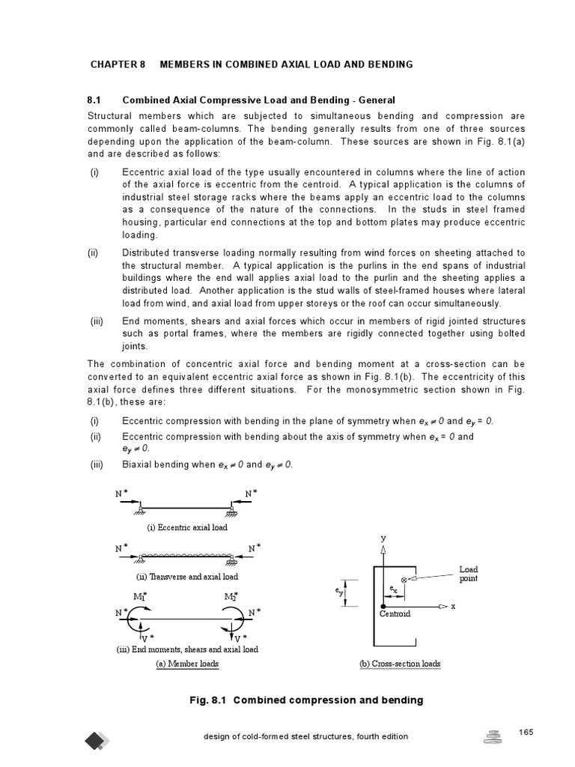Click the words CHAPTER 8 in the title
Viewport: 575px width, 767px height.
(x=118, y=64)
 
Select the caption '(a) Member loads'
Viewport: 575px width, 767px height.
(x=187, y=664)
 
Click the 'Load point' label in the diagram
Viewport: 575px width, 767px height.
(x=469, y=574)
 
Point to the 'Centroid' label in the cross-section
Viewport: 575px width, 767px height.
(x=395, y=614)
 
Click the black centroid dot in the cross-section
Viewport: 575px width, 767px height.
(x=383, y=605)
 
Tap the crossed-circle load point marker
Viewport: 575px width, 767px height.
(x=405, y=580)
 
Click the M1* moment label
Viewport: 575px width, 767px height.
(x=140, y=596)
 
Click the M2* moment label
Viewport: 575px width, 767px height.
(x=231, y=596)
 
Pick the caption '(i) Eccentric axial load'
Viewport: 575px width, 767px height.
(x=187, y=527)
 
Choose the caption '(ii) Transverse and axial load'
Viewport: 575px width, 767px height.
(x=187, y=577)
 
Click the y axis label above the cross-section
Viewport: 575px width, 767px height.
(x=383, y=538)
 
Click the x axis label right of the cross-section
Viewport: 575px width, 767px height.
(x=453, y=605)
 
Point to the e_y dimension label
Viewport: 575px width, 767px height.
(x=338, y=591)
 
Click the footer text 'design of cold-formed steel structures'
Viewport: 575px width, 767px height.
(x=305, y=736)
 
